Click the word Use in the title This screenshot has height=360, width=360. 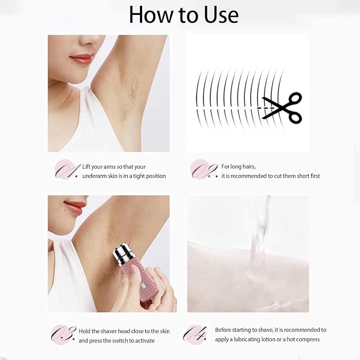click(x=221, y=15)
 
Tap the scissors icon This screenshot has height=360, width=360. click(x=283, y=108)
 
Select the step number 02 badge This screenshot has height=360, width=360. click(x=204, y=170)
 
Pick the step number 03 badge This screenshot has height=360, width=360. click(x=63, y=334)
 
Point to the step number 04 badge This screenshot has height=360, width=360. click(x=195, y=334)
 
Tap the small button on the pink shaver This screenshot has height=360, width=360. click(x=144, y=286)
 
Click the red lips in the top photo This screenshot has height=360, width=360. click(x=82, y=59)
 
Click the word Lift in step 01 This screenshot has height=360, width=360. click(x=86, y=166)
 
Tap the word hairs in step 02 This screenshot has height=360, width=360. click(x=248, y=166)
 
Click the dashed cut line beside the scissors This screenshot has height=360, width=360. click(x=266, y=108)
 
